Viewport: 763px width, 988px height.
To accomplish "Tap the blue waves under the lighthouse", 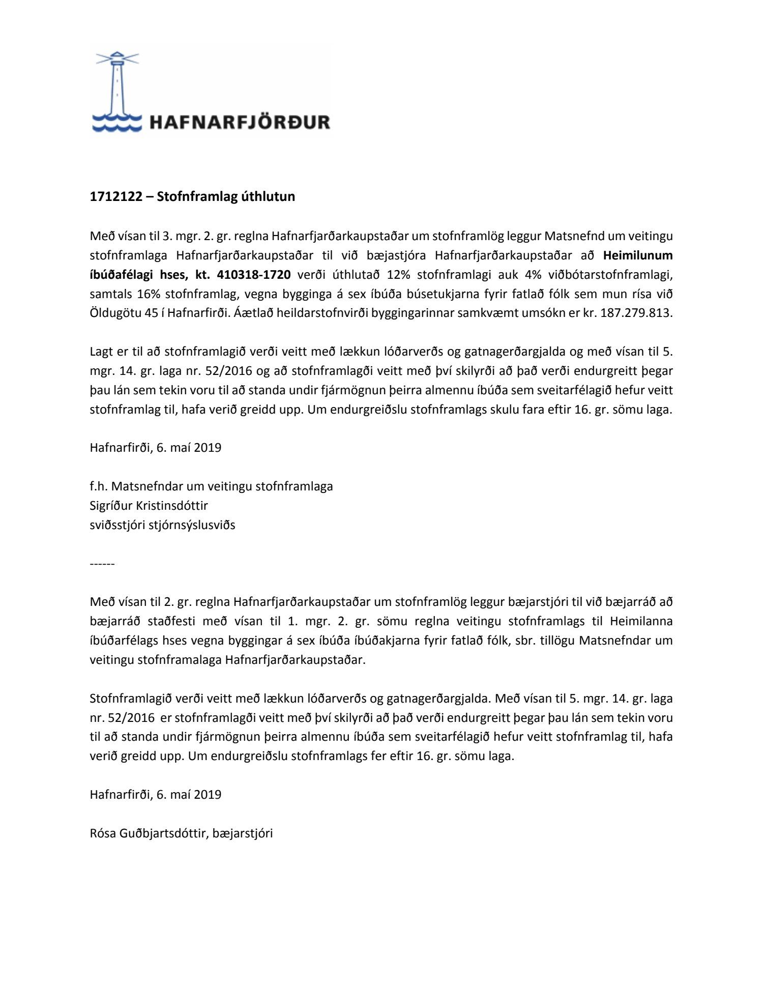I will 117,123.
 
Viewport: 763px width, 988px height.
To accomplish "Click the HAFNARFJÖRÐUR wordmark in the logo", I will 240,122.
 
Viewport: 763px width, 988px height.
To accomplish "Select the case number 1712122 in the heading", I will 116,196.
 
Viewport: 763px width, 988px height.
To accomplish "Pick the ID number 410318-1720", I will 254,275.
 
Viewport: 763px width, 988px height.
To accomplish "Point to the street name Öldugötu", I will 115,313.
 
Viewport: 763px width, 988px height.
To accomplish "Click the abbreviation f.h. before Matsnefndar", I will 99,486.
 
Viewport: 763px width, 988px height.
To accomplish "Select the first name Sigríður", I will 112,506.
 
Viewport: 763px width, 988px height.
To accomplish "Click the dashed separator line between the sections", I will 102,564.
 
